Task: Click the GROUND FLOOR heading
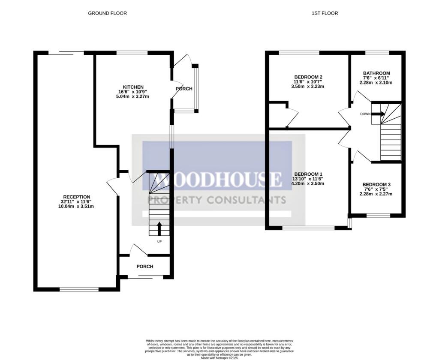pyautogui.click(x=107, y=13)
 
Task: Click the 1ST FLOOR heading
pyautogui.click(x=325, y=13)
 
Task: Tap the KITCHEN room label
pyautogui.click(x=133, y=87)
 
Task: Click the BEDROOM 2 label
pyautogui.click(x=308, y=77)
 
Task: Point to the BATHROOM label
pyautogui.click(x=376, y=73)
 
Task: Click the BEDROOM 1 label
pyautogui.click(x=308, y=174)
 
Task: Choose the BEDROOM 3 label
pyautogui.click(x=376, y=184)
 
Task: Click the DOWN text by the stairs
pyautogui.click(x=365, y=114)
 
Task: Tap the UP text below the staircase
pyautogui.click(x=159, y=241)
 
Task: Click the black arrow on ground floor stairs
pyautogui.click(x=159, y=228)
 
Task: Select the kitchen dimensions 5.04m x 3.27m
pyautogui.click(x=133, y=96)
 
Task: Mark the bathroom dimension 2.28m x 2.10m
pyautogui.click(x=376, y=83)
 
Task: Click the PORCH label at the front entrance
pyautogui.click(x=145, y=267)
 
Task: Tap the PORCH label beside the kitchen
pyautogui.click(x=184, y=89)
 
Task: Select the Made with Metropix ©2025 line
pyautogui.click(x=219, y=353)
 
